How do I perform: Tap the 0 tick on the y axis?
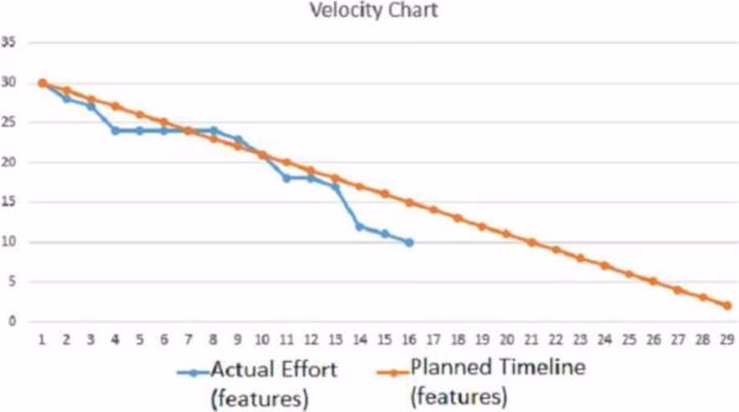pyautogui.click(x=12, y=322)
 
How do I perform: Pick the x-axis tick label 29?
pyautogui.click(x=727, y=340)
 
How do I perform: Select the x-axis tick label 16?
pyautogui.click(x=409, y=340)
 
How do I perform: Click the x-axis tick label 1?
pyautogui.click(x=42, y=340)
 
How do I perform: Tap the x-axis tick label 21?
pyautogui.click(x=531, y=340)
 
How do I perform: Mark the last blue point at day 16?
pyautogui.click(x=409, y=242)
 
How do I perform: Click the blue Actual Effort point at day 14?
pyautogui.click(x=360, y=226)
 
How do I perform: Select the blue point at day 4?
pyautogui.click(x=115, y=130)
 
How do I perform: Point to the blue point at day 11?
pyautogui.click(x=287, y=178)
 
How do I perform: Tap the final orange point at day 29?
pyautogui.click(x=727, y=306)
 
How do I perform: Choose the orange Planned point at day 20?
pyautogui.click(x=507, y=234)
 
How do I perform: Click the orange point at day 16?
pyautogui.click(x=409, y=202)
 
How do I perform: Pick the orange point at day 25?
pyautogui.click(x=630, y=274)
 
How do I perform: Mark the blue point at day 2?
pyautogui.click(x=67, y=99)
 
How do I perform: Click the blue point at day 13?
pyautogui.click(x=336, y=187)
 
